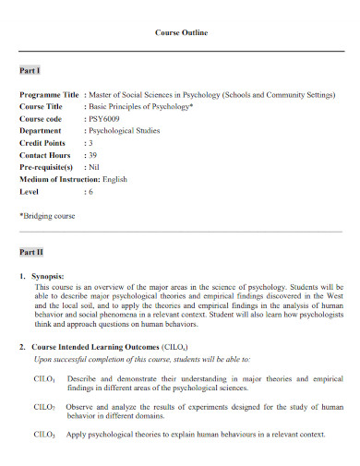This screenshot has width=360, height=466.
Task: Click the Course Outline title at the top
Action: coord(180,32)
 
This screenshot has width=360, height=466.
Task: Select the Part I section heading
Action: coord(30,70)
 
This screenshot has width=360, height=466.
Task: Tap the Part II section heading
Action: coord(31,251)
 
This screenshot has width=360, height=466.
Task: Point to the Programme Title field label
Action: coord(49,95)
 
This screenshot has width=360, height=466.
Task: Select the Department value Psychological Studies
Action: coord(125,131)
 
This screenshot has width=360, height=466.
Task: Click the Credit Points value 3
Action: coord(90,143)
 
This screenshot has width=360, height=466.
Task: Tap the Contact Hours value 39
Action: coord(92,155)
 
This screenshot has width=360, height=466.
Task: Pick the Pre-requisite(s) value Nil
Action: coord(93,167)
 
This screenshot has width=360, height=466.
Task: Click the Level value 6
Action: coord(90,191)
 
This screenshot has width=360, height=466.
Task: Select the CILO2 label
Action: coord(44,407)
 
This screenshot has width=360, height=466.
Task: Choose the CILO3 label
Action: coord(44,434)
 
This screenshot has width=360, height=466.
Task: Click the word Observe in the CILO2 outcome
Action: coord(80,406)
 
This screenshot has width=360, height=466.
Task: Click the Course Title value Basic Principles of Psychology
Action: coord(139,107)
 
